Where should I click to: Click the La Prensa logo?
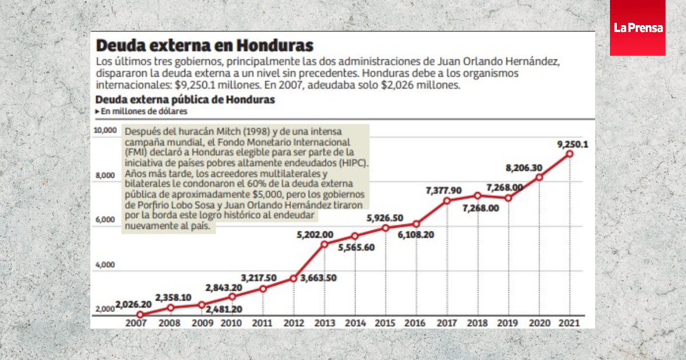click(637, 27)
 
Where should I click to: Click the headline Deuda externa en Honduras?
click(205, 45)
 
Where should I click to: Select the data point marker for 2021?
click(569, 154)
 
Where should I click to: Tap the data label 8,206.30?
click(524, 168)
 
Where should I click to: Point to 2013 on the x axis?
click(324, 323)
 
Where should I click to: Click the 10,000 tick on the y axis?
click(105, 130)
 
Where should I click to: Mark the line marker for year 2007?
click(140, 314)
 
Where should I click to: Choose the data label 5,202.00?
click(315, 234)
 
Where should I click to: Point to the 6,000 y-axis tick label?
click(105, 220)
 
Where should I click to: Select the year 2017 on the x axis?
click(447, 323)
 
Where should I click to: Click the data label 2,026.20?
click(134, 304)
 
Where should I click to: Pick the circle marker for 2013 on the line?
click(324, 245)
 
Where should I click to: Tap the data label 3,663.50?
click(318, 278)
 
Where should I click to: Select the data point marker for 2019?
click(508, 198)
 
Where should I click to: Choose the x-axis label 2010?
click(232, 323)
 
